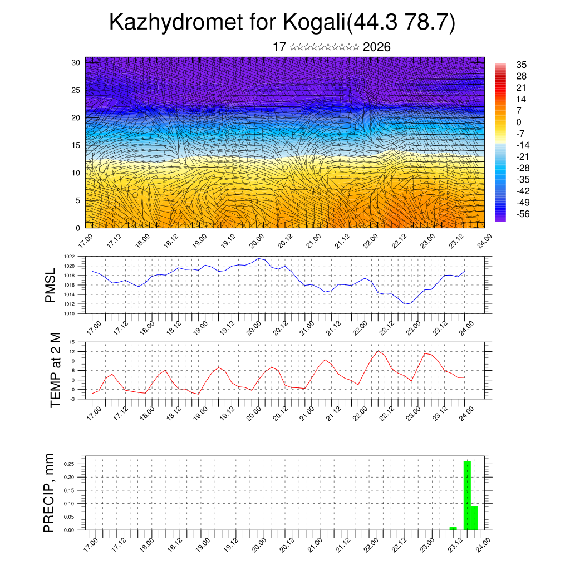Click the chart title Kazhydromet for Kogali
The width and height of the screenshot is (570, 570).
coord(282,23)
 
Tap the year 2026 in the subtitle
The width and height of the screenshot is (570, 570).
coord(376,47)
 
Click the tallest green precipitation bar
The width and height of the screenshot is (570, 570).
coord(467,495)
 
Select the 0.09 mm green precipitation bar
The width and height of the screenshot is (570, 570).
coord(474,518)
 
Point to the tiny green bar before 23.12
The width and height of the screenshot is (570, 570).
coord(453,528)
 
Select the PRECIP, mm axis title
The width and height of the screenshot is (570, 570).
coord(50,493)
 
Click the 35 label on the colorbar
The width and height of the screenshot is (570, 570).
coord(522,65)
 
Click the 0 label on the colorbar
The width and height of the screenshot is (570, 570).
coord(519,122)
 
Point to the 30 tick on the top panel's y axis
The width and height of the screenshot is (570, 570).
coord(75,62)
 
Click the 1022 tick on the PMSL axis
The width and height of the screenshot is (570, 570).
coord(69,257)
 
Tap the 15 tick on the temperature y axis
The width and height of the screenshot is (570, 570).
coord(72,342)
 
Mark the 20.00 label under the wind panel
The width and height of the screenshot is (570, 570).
coord(257,243)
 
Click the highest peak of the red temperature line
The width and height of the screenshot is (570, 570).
coord(379,351)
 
